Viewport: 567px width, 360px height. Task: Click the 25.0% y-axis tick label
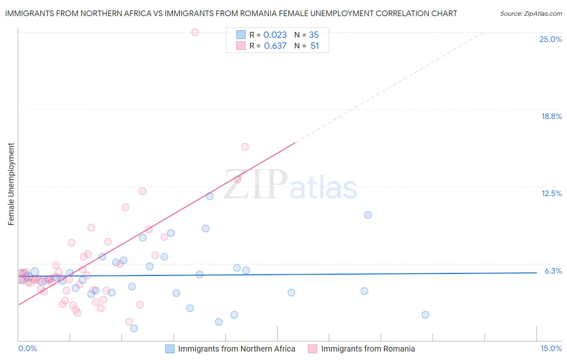tap(550, 39)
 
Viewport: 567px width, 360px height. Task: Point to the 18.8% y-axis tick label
tap(551, 116)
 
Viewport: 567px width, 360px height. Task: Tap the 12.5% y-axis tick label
tap(551, 193)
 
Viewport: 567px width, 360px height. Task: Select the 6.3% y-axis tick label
tap(553, 271)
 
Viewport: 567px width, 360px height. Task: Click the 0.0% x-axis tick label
tap(27, 348)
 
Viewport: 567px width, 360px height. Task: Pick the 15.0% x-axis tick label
tap(551, 348)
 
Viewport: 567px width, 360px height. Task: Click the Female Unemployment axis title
tap(11, 184)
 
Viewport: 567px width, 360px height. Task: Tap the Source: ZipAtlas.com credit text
tap(531, 14)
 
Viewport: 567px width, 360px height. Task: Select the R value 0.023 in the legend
tap(275, 35)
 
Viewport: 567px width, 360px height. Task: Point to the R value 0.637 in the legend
tap(275, 46)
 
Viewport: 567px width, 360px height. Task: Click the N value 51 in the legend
tap(315, 46)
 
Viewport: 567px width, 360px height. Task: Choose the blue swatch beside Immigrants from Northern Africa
tap(170, 349)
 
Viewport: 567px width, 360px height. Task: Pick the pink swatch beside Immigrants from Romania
tap(313, 349)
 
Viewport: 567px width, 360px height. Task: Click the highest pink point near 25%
tap(195, 32)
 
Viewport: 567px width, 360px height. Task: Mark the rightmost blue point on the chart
tap(425, 315)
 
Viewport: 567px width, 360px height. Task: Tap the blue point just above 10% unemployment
tap(368, 215)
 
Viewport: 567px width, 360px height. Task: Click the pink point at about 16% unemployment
tap(245, 147)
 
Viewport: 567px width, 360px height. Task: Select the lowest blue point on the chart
tap(134, 329)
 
